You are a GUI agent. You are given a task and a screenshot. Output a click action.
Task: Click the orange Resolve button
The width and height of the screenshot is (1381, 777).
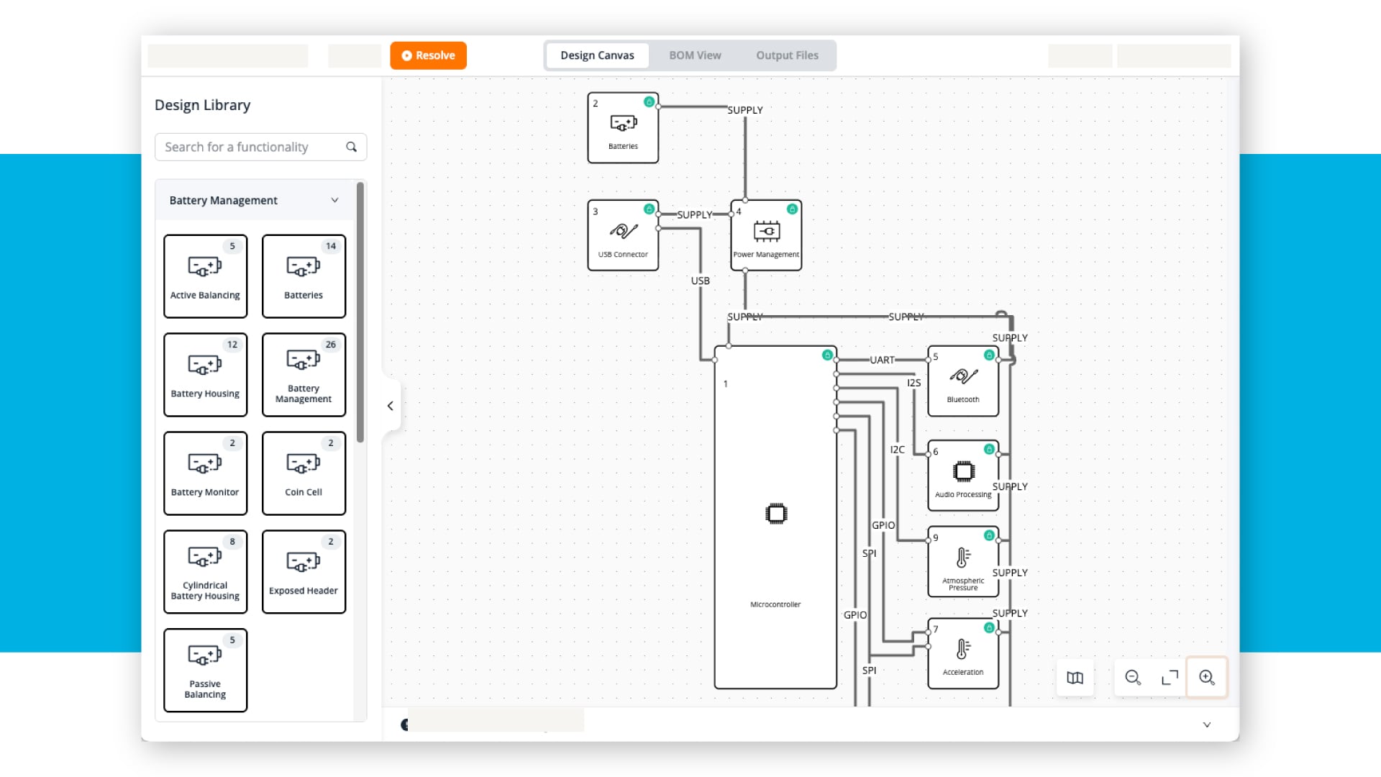[428, 55]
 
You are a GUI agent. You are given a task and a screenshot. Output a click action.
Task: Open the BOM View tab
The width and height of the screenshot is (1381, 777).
[695, 55]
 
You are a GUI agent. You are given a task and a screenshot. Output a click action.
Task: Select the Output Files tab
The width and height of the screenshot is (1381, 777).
[787, 55]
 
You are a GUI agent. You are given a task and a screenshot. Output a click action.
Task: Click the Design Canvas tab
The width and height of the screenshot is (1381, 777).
[597, 55]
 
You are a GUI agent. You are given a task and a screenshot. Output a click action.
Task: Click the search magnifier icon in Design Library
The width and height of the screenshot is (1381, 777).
[352, 147]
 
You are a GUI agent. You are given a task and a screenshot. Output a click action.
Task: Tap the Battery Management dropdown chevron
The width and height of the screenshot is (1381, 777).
[334, 200]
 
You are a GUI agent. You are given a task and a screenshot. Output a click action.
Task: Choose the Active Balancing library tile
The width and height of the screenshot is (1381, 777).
[205, 276]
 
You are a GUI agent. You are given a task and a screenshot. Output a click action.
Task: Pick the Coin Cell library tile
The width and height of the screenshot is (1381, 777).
[304, 473]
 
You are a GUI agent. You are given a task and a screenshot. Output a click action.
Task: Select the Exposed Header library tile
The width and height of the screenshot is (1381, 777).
[304, 572]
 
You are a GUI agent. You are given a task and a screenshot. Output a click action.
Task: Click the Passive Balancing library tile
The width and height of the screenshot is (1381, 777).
[205, 671]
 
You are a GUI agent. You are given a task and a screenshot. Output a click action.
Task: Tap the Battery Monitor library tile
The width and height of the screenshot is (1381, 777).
[205, 473]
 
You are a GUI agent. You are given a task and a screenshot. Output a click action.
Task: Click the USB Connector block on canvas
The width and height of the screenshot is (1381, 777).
[623, 235]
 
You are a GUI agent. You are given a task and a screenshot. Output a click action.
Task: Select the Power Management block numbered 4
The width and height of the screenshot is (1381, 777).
[766, 235]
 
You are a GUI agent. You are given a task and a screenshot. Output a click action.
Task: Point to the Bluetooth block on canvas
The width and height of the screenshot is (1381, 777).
[963, 381]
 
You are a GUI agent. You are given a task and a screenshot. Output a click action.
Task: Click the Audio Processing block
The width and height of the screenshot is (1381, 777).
[963, 476]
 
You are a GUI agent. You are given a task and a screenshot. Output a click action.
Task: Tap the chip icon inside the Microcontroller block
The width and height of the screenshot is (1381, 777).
[776, 514]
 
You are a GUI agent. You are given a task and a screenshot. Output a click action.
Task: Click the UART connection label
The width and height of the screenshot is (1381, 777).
[882, 360]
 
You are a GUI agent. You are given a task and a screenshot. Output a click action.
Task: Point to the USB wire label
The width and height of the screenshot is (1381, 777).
[700, 281]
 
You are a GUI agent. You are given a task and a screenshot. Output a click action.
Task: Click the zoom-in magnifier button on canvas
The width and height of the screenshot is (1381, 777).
[1206, 678]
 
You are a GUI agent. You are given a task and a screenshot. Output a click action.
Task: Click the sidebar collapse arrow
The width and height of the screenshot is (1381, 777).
[391, 406]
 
